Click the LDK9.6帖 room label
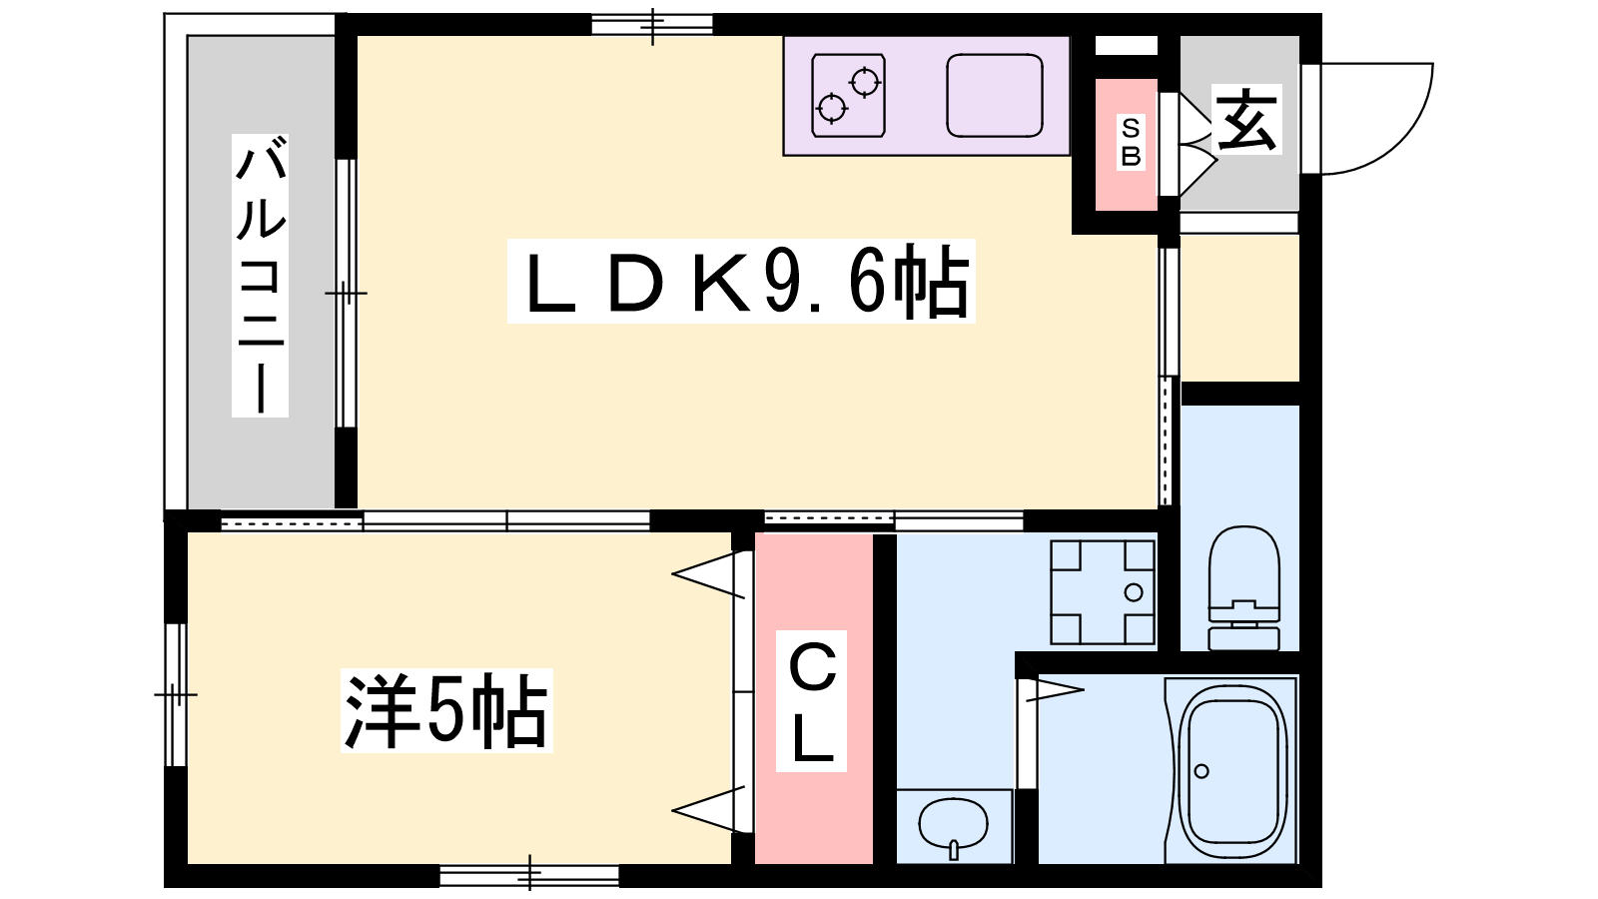(x=741, y=282)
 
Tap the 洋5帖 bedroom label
(x=446, y=711)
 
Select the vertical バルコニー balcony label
(x=261, y=276)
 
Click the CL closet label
(x=812, y=701)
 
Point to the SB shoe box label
(x=1130, y=143)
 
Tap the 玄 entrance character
(x=1246, y=120)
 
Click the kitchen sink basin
(x=994, y=96)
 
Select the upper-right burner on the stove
(x=865, y=81)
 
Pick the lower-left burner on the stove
(x=831, y=107)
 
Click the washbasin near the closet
(x=953, y=825)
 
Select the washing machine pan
(x=1103, y=591)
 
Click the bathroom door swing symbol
(x=1055, y=688)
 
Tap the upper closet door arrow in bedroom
(x=711, y=576)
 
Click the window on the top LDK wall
(x=652, y=24)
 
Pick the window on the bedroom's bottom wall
(x=529, y=876)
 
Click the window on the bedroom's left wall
(x=176, y=694)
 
